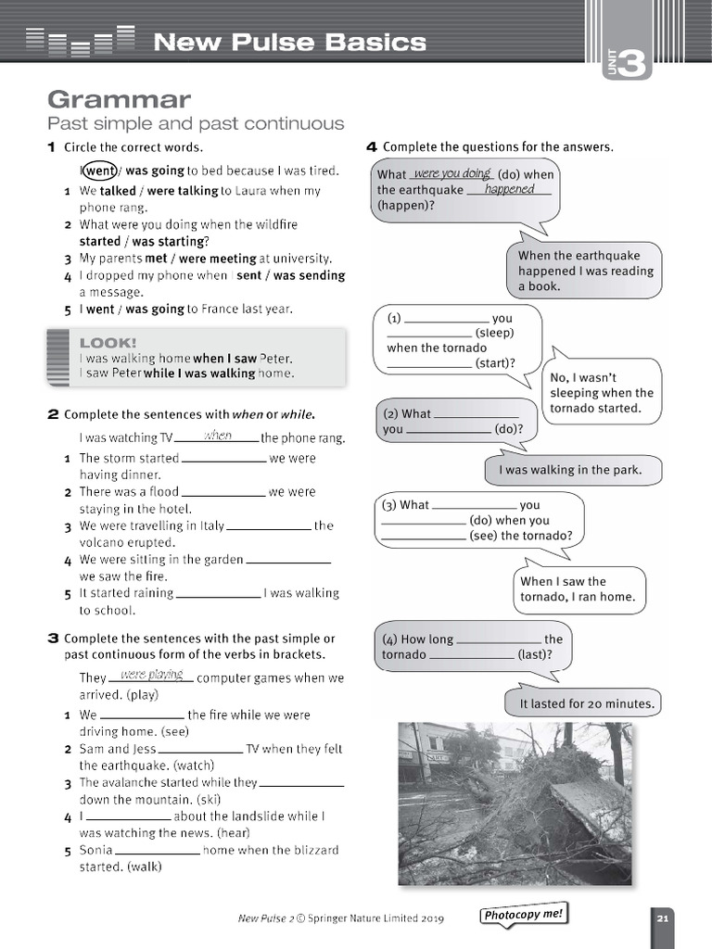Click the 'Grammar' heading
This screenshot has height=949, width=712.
pos(119,99)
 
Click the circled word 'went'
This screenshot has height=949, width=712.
pos(100,171)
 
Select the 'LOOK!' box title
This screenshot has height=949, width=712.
pos(108,342)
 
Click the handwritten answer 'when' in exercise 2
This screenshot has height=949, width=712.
pos(218,436)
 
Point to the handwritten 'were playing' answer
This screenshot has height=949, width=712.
pos(151,675)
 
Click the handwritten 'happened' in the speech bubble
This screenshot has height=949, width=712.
pos(509,189)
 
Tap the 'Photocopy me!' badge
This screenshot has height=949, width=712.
pos(522,916)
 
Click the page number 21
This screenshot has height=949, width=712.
pos(662,918)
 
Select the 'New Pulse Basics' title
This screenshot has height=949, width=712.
pos(289,42)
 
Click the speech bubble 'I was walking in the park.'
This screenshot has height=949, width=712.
pos(570,470)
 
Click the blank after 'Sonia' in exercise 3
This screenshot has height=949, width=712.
pos(158,851)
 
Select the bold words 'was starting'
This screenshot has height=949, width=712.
pos(169,241)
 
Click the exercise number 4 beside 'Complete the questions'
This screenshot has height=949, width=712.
pos(371,146)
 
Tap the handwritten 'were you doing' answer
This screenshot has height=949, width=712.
pos(451,173)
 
